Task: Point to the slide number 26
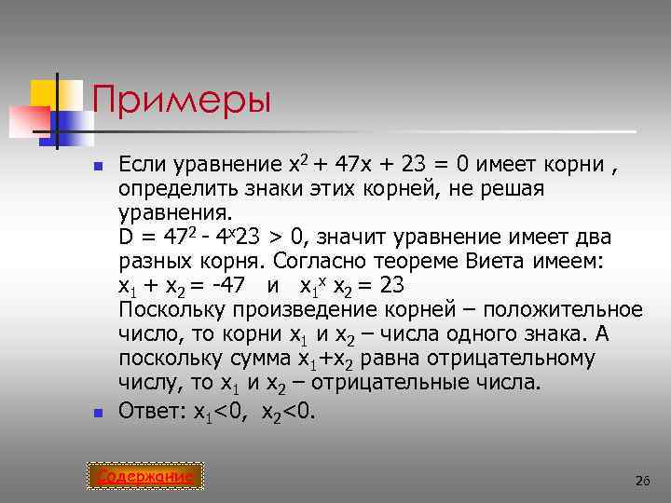pyautogui.click(x=641, y=481)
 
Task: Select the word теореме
pyautogui.click(x=416, y=262)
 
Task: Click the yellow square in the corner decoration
pyautogui.click(x=44, y=94)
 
